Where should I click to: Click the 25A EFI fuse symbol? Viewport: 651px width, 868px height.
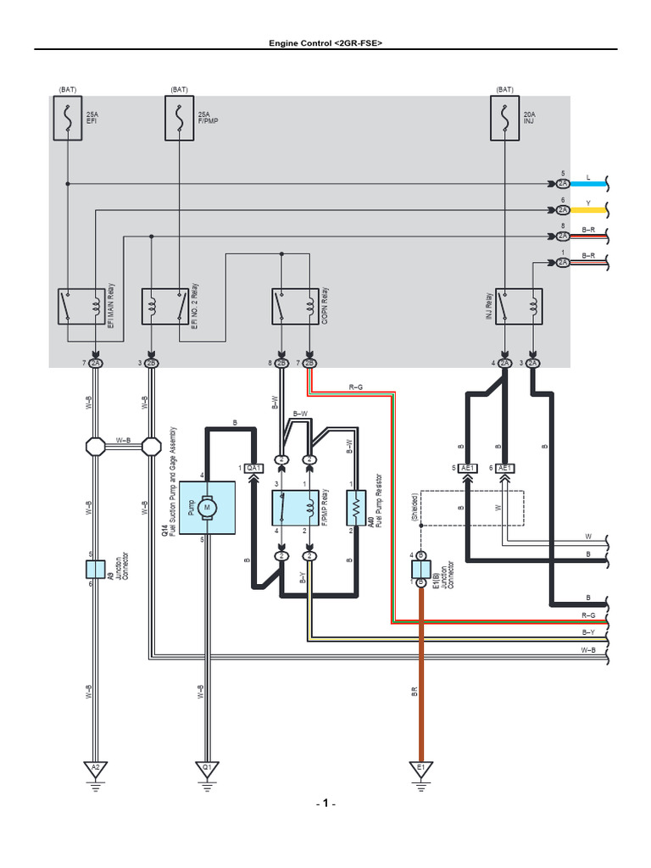pos(68,119)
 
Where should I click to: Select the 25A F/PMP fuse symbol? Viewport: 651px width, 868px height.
pos(180,119)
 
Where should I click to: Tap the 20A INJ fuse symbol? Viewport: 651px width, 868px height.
pos(505,119)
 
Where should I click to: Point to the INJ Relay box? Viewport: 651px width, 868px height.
pos(519,306)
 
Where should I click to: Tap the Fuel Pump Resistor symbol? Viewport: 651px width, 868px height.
pos(357,508)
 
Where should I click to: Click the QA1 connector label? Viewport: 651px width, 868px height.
pos(253,468)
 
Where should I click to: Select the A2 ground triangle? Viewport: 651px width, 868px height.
pos(95,768)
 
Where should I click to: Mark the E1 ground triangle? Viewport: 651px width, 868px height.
pos(420,768)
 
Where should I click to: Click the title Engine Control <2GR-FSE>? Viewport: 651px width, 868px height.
pos(325,42)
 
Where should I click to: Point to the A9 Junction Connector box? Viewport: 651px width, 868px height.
pos(95,569)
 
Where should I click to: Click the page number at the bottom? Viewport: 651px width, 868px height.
pos(326,804)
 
